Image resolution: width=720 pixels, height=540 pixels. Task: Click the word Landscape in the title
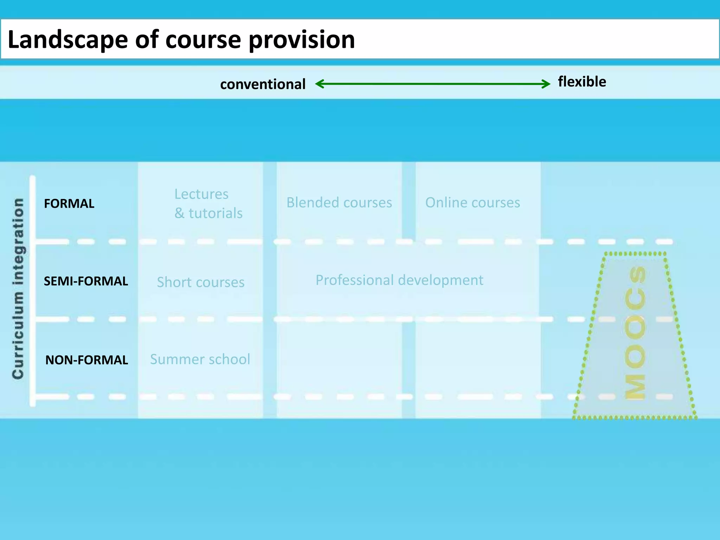pos(67,39)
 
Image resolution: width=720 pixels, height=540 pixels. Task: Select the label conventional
pos(263,84)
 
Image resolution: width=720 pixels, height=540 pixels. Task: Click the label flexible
pos(582,82)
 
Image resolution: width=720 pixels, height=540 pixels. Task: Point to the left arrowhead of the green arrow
pos(319,84)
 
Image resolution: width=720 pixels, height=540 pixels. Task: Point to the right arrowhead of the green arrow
pos(547,84)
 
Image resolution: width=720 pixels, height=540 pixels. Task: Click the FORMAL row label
pos(69,204)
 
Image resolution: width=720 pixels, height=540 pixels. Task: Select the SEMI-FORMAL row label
pos(86,281)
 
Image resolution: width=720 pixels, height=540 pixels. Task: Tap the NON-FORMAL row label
pos(86,360)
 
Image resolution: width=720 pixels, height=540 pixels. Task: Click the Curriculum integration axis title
pos(18,288)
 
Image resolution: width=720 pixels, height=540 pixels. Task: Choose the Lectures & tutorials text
pos(208,204)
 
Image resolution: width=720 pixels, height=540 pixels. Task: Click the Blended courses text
pos(339,202)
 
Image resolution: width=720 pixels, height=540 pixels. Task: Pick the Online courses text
pos(472,202)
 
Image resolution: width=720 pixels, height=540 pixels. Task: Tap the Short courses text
pos(200,282)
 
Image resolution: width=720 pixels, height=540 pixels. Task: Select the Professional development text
pos(399,280)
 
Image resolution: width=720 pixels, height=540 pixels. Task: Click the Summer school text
pos(200,359)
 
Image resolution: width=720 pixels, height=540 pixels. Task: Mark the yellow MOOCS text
pos(635,332)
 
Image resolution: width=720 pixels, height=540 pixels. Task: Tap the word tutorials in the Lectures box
pos(216,213)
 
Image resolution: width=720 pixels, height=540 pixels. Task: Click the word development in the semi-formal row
pos(441,280)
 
